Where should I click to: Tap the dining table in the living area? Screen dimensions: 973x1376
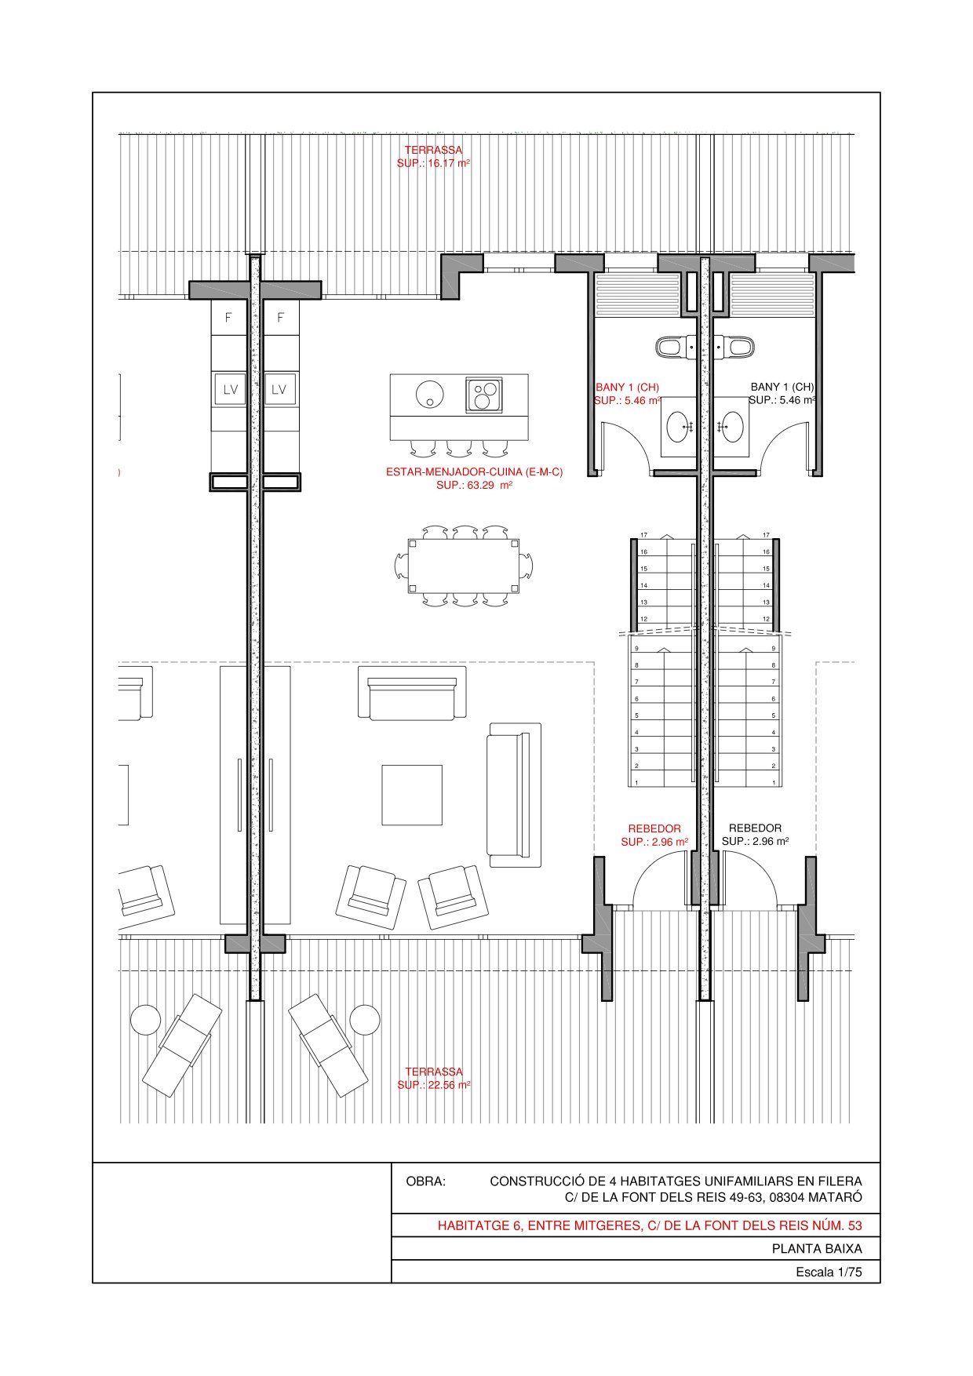pyautogui.click(x=463, y=566)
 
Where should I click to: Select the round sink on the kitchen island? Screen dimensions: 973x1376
pyautogui.click(x=430, y=393)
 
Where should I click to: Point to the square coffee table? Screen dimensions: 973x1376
pyautogui.click(x=412, y=795)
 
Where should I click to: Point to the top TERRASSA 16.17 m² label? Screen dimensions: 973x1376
pyautogui.click(x=433, y=156)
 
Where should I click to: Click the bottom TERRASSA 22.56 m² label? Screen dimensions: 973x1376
pyautogui.click(x=434, y=1078)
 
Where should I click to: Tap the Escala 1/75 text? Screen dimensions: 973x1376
pyautogui.click(x=829, y=1272)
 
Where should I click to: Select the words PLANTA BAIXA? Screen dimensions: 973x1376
pyautogui.click(x=817, y=1249)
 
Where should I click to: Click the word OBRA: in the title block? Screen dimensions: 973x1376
pyautogui.click(x=425, y=1181)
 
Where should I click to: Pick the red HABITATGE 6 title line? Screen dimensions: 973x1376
pyautogui.click(x=650, y=1225)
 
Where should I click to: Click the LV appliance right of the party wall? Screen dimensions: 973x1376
pyautogui.click(x=279, y=389)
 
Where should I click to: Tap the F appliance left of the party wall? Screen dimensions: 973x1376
pyautogui.click(x=228, y=318)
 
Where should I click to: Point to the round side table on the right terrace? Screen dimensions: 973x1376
pyautogui.click(x=364, y=1020)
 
